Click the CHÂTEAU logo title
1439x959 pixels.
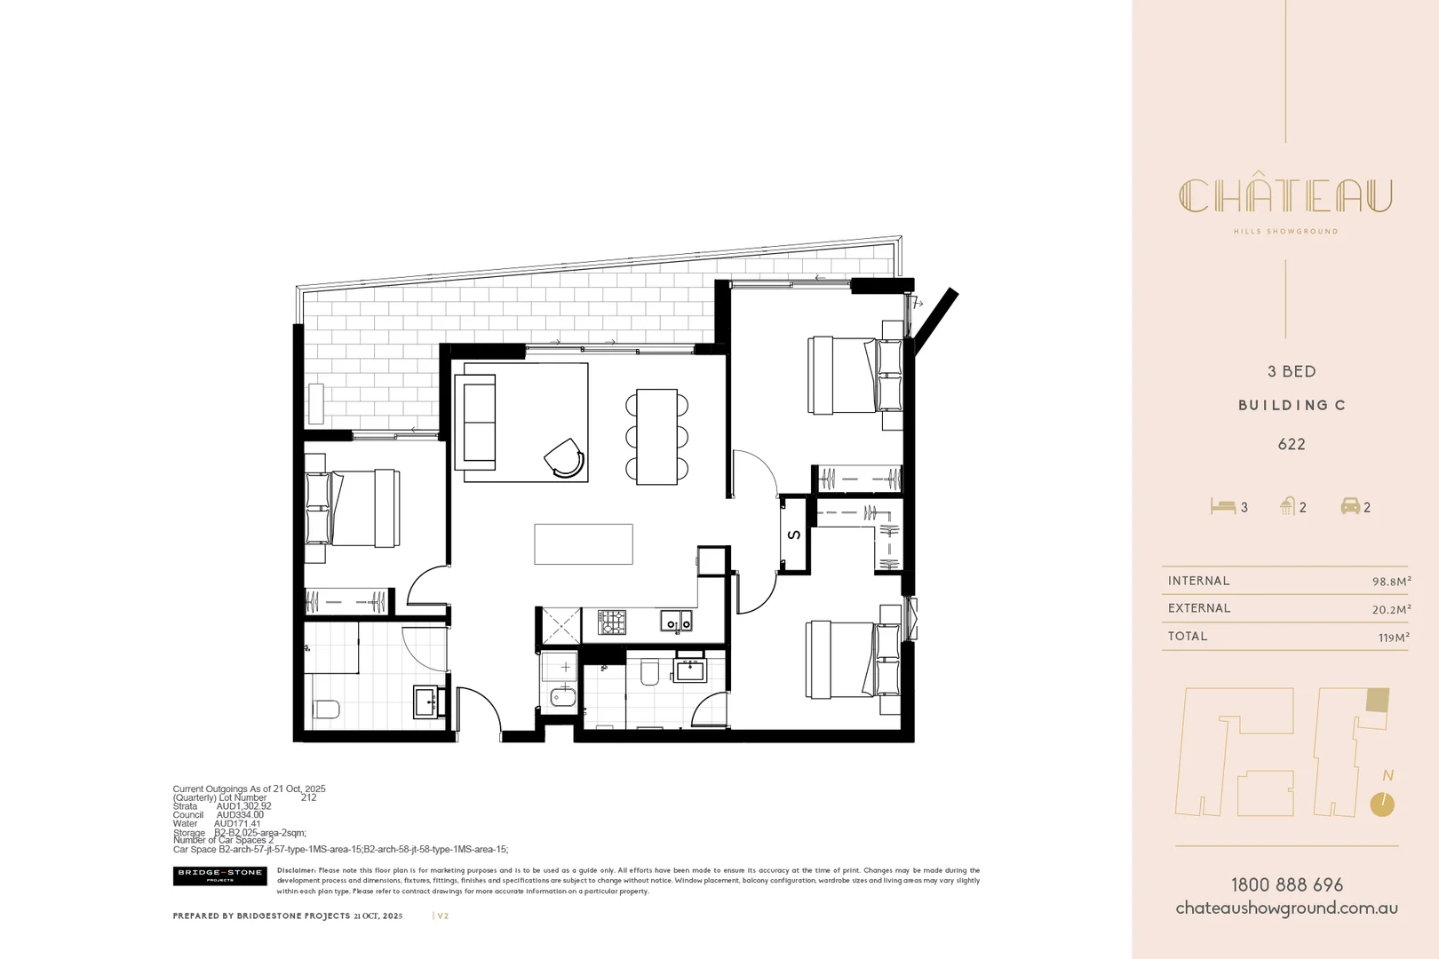pos(1285,196)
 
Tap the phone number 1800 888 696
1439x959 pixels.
pos(1286,884)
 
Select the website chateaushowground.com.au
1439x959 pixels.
pos(1286,908)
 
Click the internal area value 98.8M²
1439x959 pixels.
pos(1391,582)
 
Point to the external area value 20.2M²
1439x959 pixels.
pos(1391,609)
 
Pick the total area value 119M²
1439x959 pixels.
pos(1394,637)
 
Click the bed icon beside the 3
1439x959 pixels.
pos(1222,506)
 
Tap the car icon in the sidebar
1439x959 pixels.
pos(1350,506)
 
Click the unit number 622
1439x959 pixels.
pos(1292,444)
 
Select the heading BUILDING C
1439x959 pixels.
pos(1292,405)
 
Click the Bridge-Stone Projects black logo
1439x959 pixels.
pos(219,876)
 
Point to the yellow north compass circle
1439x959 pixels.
pos(1382,804)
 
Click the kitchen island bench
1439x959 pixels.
pos(583,543)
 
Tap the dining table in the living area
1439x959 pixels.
pos(656,436)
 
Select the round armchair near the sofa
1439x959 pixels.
pos(565,457)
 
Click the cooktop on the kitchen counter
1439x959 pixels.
pos(611,622)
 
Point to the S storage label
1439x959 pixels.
pos(794,535)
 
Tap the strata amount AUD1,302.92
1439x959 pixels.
pos(243,806)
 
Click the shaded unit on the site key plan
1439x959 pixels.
pos(1377,700)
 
